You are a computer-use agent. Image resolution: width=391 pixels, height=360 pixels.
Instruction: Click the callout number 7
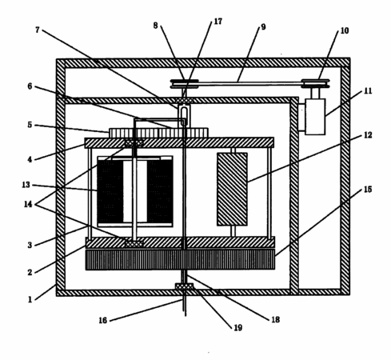38,30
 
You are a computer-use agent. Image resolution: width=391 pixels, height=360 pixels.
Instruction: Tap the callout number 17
218,22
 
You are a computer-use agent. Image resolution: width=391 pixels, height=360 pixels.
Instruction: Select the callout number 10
345,30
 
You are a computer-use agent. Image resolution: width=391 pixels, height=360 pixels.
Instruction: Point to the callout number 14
28,204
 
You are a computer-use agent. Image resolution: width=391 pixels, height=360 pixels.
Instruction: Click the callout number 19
238,327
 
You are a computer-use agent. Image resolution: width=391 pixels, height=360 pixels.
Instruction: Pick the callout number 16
103,320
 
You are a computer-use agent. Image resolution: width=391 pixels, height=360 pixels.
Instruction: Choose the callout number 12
368,135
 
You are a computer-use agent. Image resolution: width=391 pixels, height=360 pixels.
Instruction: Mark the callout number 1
30,299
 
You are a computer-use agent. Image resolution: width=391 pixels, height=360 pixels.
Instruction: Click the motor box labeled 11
315,117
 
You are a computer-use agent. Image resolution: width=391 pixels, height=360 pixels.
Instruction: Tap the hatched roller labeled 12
232,189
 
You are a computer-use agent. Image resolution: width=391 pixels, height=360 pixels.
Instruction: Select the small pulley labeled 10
315,83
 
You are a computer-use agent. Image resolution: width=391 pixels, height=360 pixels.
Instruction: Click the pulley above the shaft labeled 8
185,83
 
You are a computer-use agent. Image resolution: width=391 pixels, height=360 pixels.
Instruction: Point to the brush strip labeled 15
180,259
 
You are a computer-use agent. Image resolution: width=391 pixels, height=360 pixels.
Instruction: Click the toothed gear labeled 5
158,133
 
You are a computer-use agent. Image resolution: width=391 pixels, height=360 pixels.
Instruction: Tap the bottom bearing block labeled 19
184,286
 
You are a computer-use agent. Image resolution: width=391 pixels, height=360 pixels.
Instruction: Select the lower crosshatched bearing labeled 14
134,243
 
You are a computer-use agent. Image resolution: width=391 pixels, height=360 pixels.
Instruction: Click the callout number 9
263,27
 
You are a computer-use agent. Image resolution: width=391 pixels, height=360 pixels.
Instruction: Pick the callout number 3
30,245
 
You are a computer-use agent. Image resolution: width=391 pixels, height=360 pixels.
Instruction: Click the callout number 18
275,319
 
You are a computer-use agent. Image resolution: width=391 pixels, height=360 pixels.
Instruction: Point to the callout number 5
30,125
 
